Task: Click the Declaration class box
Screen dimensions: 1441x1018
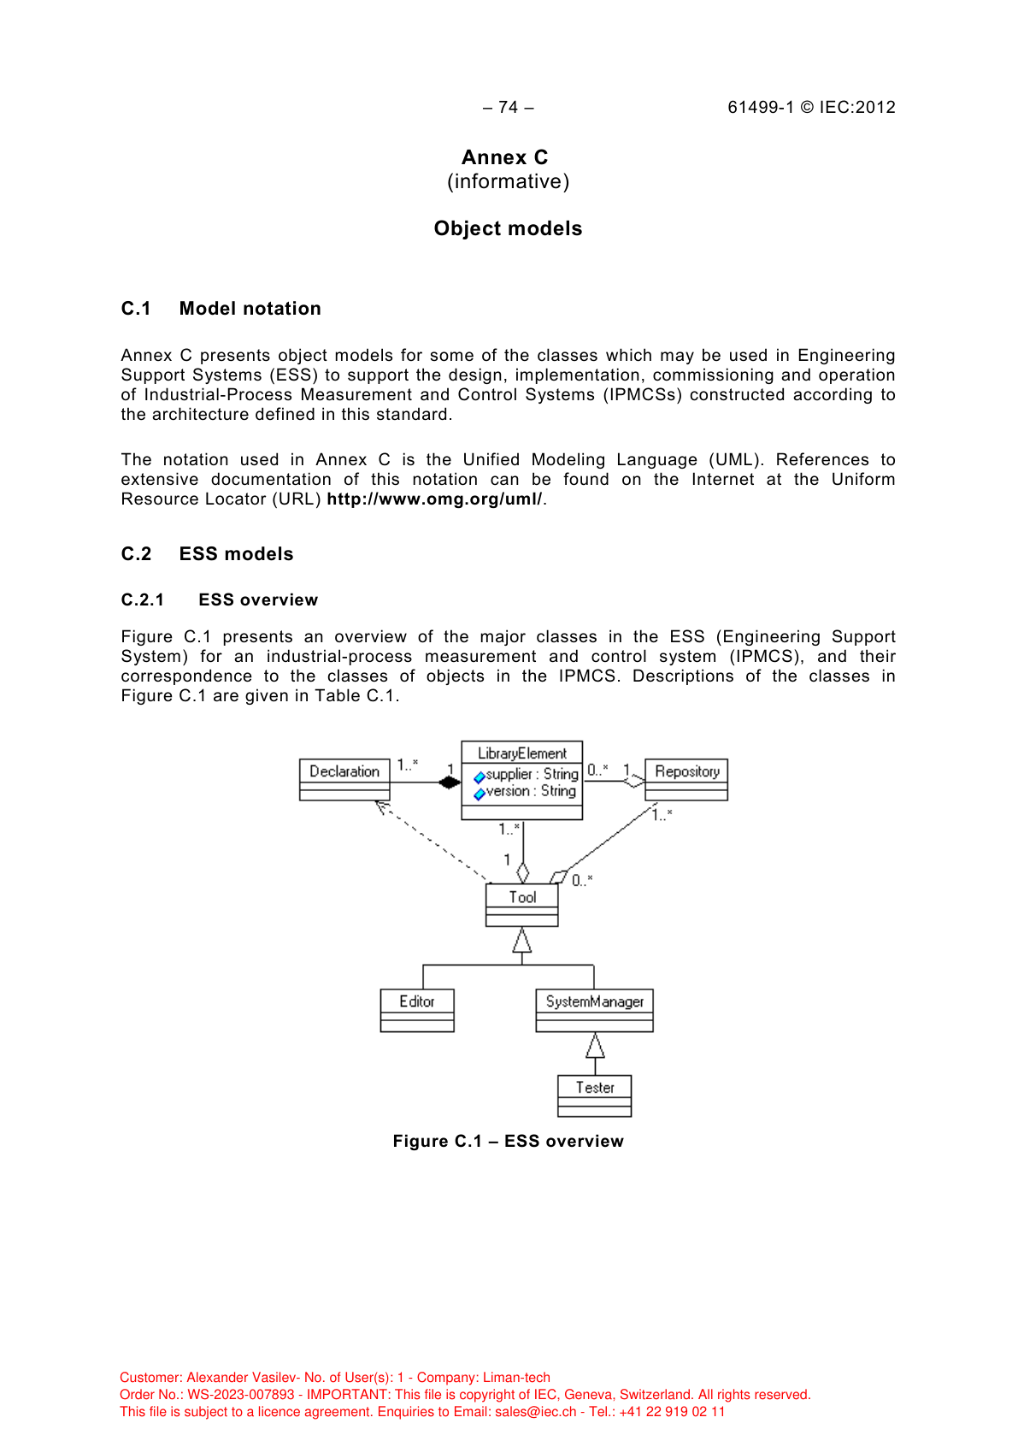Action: click(x=344, y=779)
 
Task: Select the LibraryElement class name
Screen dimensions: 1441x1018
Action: click(x=521, y=753)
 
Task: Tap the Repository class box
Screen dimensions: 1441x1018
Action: click(x=686, y=779)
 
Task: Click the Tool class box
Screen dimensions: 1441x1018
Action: click(x=521, y=905)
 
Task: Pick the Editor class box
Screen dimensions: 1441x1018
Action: click(x=417, y=1010)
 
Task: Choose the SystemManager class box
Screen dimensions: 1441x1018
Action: click(x=594, y=1010)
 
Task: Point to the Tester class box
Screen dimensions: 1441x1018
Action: click(x=594, y=1096)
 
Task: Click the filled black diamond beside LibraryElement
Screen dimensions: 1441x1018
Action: click(x=449, y=782)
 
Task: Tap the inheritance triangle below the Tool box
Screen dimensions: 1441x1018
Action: click(x=522, y=941)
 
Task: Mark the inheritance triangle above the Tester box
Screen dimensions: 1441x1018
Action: click(x=595, y=1045)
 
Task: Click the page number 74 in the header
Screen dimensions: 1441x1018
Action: click(x=508, y=107)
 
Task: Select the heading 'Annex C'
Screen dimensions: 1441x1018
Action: click(x=504, y=157)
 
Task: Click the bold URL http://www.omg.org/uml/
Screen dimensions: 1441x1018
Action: click(x=434, y=499)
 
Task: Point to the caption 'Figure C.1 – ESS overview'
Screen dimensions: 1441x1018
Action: click(x=508, y=1141)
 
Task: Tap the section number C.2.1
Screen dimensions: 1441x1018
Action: click(x=143, y=600)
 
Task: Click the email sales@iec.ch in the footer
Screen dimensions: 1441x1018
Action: click(x=535, y=1412)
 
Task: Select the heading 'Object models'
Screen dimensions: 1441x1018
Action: click(x=508, y=228)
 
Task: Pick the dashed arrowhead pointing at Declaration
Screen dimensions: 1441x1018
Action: click(x=381, y=806)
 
